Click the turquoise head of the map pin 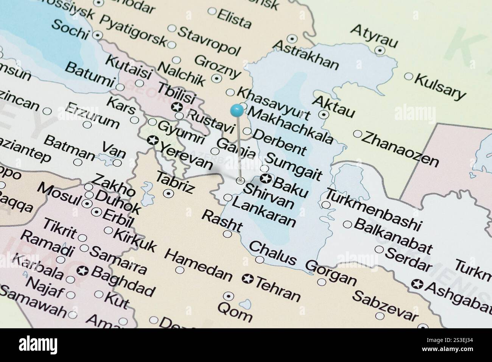(237, 110)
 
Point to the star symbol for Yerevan (153, 140)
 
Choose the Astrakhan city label (306, 55)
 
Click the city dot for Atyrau (380, 50)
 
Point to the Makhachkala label (291, 125)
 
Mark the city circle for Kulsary (408, 76)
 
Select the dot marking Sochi (98, 35)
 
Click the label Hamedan (198, 265)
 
